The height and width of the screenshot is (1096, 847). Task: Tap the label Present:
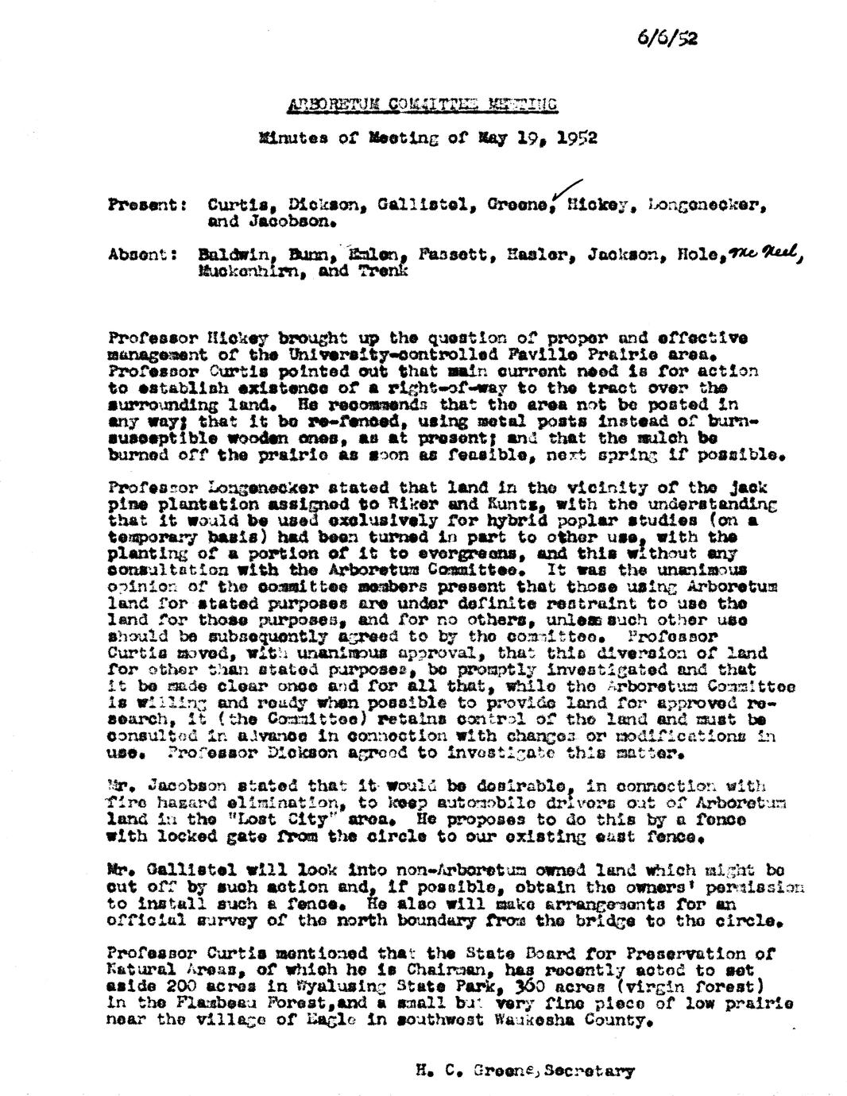pos(147,205)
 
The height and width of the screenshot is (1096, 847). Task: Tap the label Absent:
pos(144,256)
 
